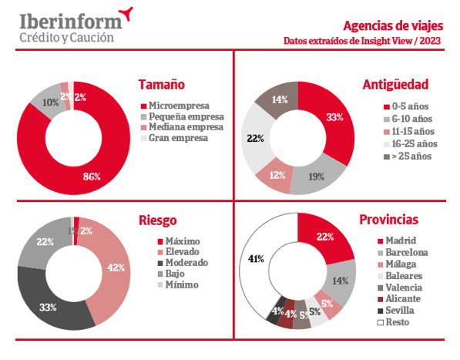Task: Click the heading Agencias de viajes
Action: (393, 26)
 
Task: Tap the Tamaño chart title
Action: (162, 85)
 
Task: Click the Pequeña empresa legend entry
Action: (183, 116)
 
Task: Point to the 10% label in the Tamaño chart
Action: (50, 103)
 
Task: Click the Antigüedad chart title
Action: (395, 85)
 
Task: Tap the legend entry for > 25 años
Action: (408, 156)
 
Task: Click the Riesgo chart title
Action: (157, 220)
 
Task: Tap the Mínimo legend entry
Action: (179, 284)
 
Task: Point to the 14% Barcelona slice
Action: (341, 280)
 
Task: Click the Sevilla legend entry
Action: (396, 311)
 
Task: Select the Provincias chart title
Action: (388, 220)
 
